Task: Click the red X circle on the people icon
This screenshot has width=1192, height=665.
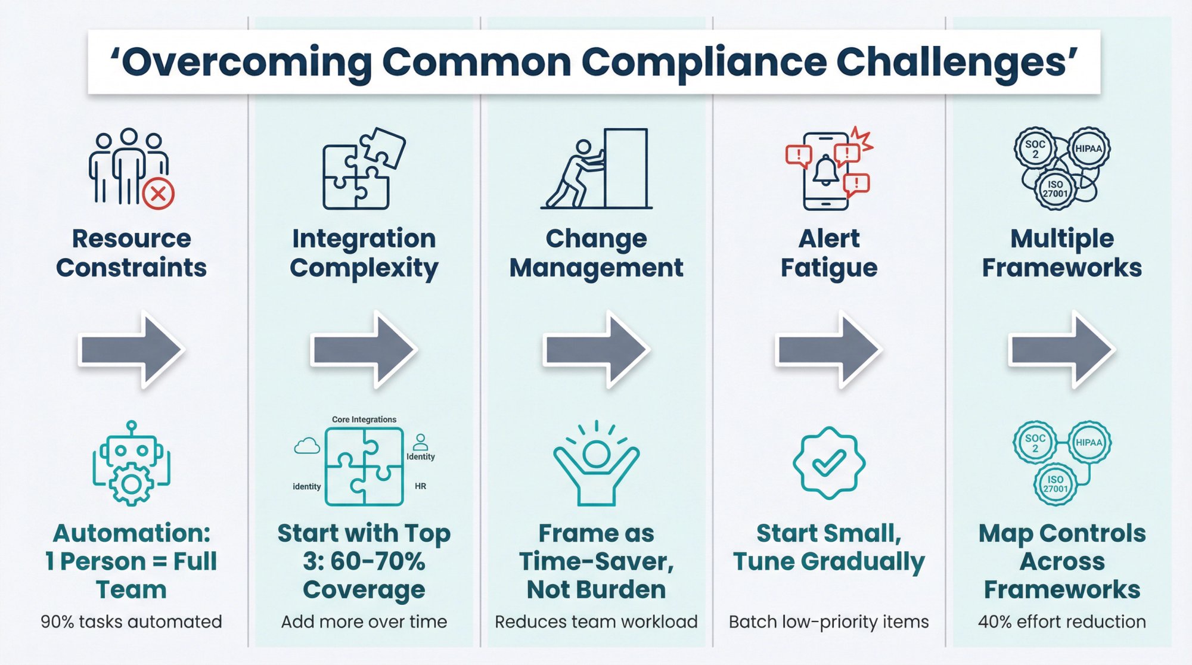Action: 159,194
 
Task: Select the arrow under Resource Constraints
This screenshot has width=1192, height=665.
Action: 131,349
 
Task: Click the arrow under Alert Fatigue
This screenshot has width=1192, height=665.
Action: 828,349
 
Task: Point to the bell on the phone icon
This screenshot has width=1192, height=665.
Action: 826,170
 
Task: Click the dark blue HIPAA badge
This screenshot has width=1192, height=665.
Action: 1088,148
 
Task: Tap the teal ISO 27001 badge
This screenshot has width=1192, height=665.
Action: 1055,484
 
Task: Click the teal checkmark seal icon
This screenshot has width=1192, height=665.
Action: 828,462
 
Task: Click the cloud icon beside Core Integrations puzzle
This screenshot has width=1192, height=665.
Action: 307,446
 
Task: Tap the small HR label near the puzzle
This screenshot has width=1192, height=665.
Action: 420,486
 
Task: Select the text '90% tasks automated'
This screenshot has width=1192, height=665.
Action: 131,622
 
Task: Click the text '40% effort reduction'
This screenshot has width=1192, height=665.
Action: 1061,622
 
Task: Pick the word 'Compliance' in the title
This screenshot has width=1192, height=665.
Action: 704,63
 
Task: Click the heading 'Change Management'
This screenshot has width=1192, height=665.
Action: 596,253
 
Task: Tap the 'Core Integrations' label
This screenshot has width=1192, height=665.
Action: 364,419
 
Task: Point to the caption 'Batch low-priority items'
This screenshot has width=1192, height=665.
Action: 828,622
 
